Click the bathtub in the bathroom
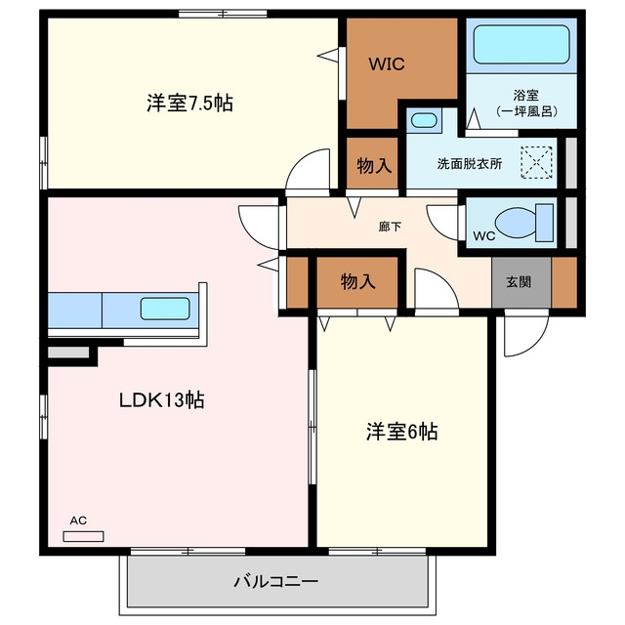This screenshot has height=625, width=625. (521, 44)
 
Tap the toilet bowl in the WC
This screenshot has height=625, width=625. (517, 224)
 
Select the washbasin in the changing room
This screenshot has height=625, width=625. (424, 120)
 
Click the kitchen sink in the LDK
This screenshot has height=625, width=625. (165, 309)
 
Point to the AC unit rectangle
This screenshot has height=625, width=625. (83, 536)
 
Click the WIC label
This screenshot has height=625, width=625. (387, 63)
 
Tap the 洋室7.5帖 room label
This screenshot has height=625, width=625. (189, 103)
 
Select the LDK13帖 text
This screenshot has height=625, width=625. (162, 399)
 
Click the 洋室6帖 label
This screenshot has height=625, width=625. (401, 432)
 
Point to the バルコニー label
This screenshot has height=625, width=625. (275, 582)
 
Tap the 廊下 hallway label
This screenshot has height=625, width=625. (390, 227)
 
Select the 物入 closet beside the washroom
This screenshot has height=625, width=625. (374, 165)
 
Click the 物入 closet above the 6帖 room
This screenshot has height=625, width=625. (357, 282)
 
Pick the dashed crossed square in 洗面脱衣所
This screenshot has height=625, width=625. (536, 162)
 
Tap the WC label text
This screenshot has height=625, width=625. (484, 236)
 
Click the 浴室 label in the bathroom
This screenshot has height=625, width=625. (525, 95)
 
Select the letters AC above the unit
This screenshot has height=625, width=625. (78, 521)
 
